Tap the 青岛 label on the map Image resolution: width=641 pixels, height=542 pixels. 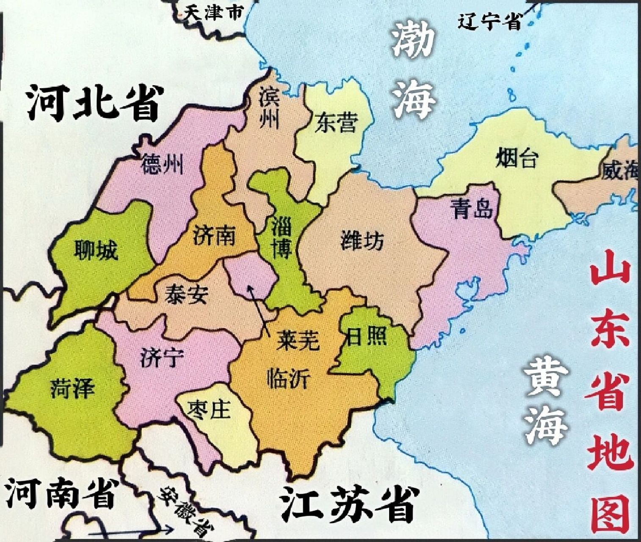click(x=473, y=208)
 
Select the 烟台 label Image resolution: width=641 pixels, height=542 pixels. click(x=517, y=159)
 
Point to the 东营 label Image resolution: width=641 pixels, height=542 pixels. click(x=336, y=123)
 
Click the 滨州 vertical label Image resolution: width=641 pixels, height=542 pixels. click(x=270, y=109)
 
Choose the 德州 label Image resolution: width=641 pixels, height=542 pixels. click(x=162, y=164)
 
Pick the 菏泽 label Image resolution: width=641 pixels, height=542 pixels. click(x=72, y=388)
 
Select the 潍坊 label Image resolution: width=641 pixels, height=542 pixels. click(x=362, y=241)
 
